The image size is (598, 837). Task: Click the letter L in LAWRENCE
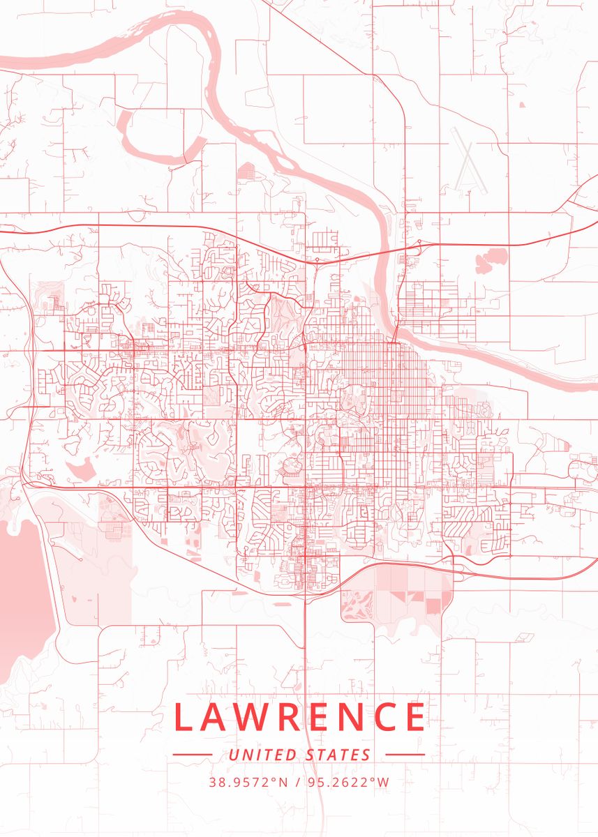(x=183, y=716)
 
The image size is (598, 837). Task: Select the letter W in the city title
(x=255, y=716)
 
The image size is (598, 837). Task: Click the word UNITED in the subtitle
(x=263, y=755)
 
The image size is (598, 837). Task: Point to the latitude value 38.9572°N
(x=248, y=783)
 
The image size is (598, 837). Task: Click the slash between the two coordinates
(x=299, y=783)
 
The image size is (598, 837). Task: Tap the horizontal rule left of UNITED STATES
(x=192, y=755)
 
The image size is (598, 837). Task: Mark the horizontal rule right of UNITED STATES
(x=405, y=755)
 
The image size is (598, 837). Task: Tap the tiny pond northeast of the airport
(x=522, y=105)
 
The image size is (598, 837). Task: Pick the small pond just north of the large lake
(x=82, y=472)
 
